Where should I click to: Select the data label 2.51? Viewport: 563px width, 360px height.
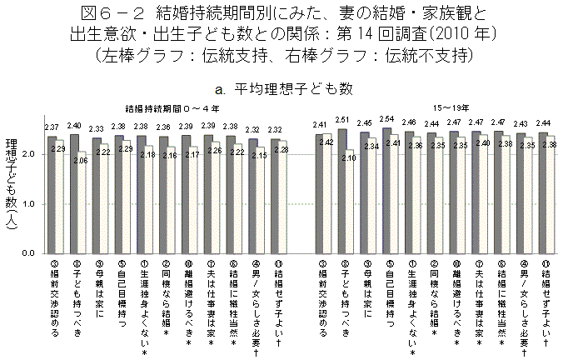tap(341, 120)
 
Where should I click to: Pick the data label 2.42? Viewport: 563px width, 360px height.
tap(327, 142)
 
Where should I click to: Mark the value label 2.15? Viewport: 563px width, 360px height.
tap(260, 156)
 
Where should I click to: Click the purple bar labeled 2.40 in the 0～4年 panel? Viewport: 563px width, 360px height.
tap(74, 193)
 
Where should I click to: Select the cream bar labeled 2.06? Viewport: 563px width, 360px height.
tap(82, 204)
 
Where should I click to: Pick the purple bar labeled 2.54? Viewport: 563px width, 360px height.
tap(386, 190)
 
